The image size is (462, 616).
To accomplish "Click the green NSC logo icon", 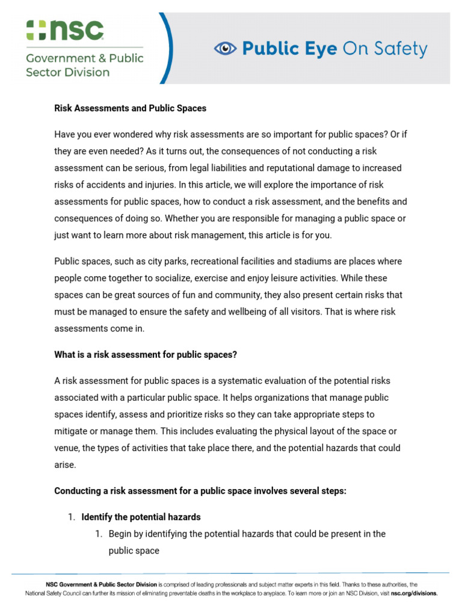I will click(37, 30).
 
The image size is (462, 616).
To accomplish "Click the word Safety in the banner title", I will click(400, 49).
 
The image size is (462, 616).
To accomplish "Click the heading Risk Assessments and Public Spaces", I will click(130, 108).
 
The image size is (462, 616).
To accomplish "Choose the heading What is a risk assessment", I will click(146, 355).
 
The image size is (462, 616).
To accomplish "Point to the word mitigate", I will click(70, 431).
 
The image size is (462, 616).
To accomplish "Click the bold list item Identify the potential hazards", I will click(141, 517).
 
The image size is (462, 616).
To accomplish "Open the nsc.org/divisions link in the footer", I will click(414, 593).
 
